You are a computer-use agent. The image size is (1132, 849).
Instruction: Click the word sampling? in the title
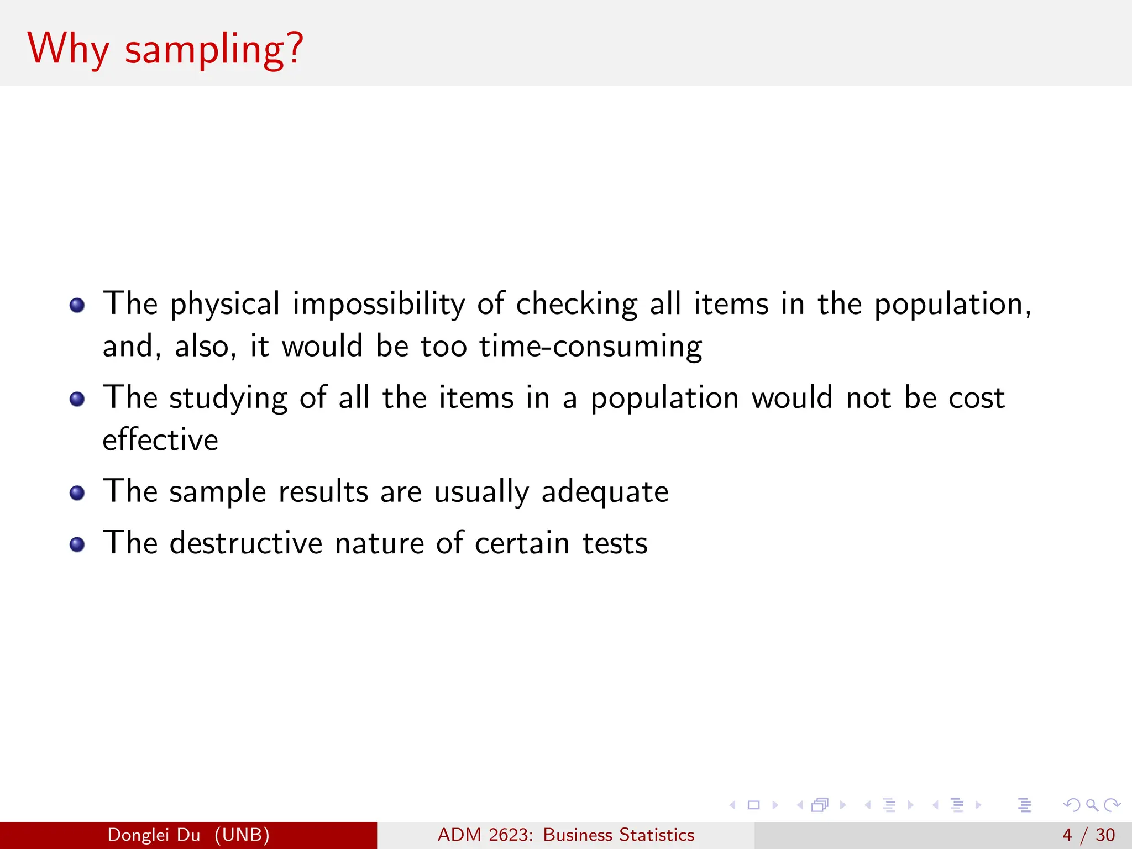pyautogui.click(x=214, y=50)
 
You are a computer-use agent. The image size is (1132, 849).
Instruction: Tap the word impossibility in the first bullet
pyautogui.click(x=379, y=304)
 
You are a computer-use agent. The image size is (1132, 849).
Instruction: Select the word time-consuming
pyautogui.click(x=590, y=347)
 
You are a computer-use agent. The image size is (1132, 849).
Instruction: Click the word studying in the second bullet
pyautogui.click(x=228, y=398)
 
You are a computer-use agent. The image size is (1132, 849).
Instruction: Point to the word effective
pyautogui.click(x=160, y=440)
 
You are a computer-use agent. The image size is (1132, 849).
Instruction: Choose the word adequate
pyautogui.click(x=605, y=492)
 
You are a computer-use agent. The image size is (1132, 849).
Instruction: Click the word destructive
pyautogui.click(x=246, y=543)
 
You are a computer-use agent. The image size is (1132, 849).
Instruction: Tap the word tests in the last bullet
pyautogui.click(x=615, y=543)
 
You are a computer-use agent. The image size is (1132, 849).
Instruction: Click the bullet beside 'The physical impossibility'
pyautogui.click(x=77, y=305)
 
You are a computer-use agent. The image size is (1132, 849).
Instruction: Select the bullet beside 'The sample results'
pyautogui.click(x=77, y=492)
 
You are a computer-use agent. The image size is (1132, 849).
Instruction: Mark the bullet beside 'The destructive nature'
pyautogui.click(x=77, y=544)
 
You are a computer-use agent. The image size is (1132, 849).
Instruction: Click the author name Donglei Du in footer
pyautogui.click(x=154, y=835)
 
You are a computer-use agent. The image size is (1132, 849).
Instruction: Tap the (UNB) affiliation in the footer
pyautogui.click(x=242, y=835)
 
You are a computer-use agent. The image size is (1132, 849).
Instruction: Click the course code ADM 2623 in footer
pyautogui.click(x=485, y=835)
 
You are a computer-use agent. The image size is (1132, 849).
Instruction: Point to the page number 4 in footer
pyautogui.click(x=1067, y=835)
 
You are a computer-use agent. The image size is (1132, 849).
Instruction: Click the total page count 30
pyautogui.click(x=1105, y=835)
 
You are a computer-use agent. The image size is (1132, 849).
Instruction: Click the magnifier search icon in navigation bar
pyautogui.click(x=1092, y=805)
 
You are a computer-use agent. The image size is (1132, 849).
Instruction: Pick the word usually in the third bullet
pyautogui.click(x=481, y=492)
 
